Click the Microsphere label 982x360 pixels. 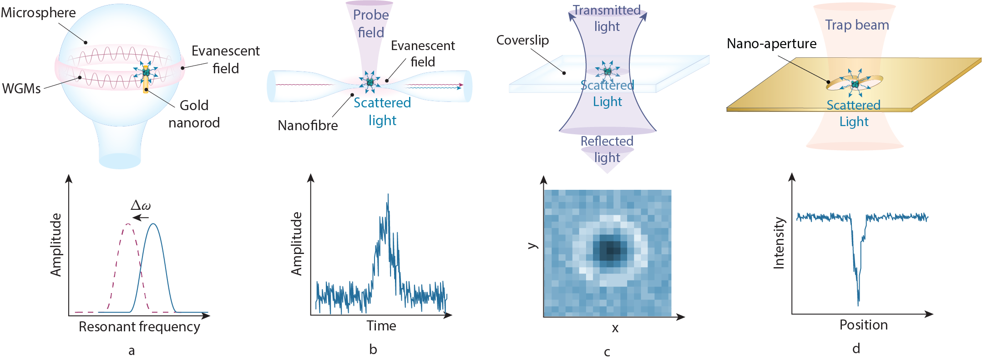[38, 13]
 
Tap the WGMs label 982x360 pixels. [21, 88]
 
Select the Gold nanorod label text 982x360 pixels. [194, 114]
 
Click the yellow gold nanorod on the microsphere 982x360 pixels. [146, 84]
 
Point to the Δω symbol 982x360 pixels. [141, 205]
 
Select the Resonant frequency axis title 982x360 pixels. [139, 327]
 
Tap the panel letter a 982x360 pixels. [132, 350]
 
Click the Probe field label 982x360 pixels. [371, 24]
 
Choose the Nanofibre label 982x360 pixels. [308, 125]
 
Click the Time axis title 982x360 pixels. [381, 326]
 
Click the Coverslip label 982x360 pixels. [522, 40]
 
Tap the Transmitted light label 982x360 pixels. [607, 18]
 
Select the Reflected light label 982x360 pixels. [607, 149]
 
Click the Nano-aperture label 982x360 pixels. [771, 44]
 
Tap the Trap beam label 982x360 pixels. [857, 25]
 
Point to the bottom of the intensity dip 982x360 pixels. [858, 302]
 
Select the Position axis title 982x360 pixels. [863, 325]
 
